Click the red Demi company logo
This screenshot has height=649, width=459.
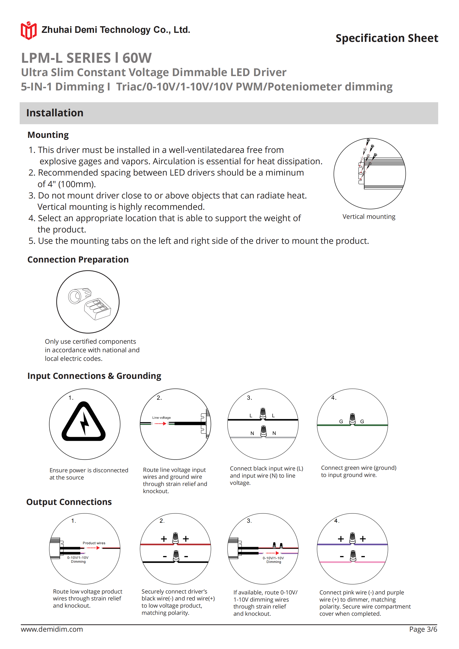(28, 30)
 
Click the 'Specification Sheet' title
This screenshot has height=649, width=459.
(387, 38)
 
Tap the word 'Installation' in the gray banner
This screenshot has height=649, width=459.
(55, 113)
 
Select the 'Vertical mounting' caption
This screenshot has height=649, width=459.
(369, 216)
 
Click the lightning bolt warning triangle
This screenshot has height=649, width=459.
(84, 422)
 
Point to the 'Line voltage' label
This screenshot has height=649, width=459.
(161, 417)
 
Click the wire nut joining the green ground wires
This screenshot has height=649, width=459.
(352, 419)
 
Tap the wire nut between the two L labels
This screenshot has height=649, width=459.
(263, 414)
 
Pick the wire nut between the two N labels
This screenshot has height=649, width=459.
(263, 431)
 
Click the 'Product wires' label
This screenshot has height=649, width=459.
(94, 543)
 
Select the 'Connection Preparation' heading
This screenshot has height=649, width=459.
(78, 260)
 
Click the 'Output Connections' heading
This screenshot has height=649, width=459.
(69, 502)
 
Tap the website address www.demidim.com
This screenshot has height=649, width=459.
(52, 629)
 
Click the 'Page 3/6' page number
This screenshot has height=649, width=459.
(423, 629)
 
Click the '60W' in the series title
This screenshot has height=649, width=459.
(137, 58)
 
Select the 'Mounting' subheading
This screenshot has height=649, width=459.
(48, 135)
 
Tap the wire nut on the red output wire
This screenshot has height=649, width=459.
(175, 538)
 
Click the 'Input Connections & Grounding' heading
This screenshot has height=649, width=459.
(94, 376)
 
